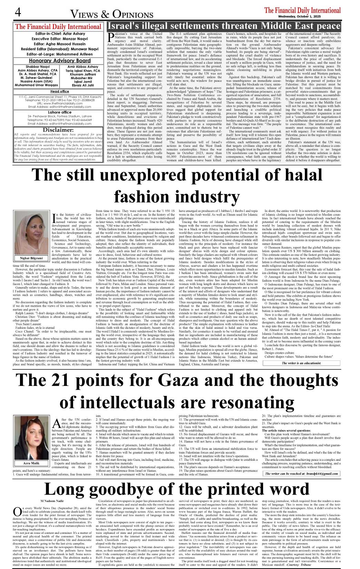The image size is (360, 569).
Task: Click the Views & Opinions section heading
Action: [x=112, y=14]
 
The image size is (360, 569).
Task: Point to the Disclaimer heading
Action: [x=58, y=130]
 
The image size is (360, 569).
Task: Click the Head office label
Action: [x=59, y=91]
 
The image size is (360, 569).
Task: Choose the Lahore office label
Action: [x=59, y=112]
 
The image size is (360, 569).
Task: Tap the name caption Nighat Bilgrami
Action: [x=31, y=258]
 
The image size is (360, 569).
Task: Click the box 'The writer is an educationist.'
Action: [x=301, y=363]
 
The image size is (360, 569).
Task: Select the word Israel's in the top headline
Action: [x=130, y=26]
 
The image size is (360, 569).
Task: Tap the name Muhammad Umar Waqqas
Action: [x=37, y=85]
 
